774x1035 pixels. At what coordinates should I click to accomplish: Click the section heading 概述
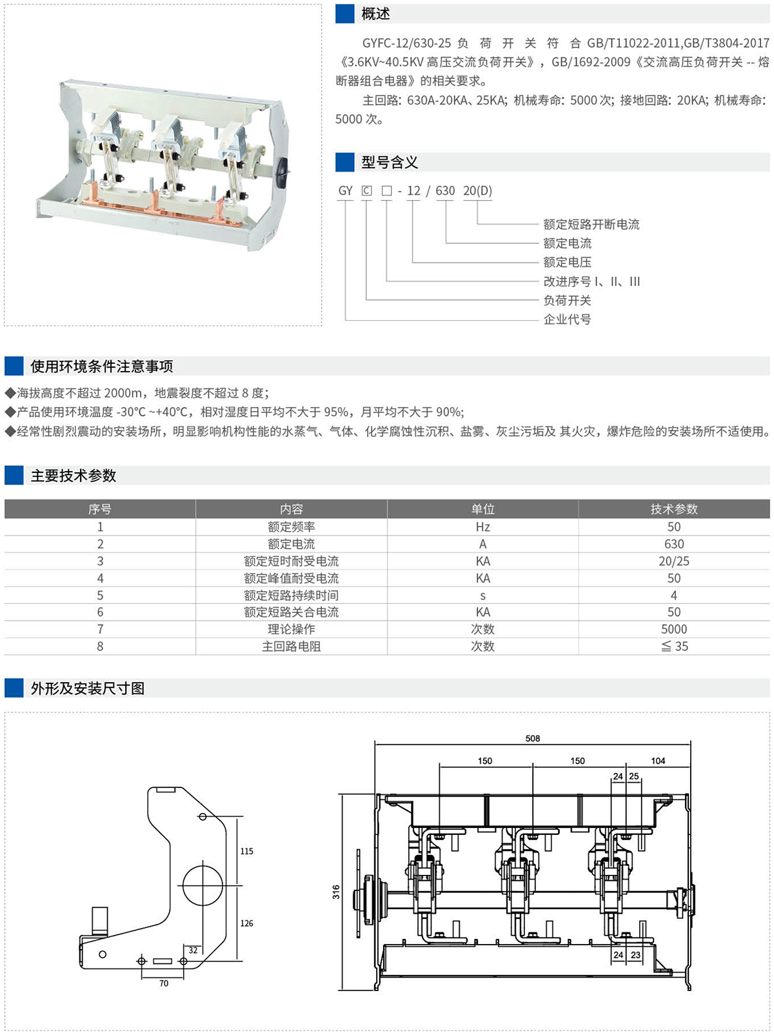click(375, 14)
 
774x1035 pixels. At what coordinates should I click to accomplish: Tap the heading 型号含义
click(390, 162)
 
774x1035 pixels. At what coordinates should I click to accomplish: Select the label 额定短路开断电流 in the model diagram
click(591, 224)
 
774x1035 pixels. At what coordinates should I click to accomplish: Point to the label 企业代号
click(567, 319)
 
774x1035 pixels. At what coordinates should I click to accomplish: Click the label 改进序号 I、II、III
click(591, 281)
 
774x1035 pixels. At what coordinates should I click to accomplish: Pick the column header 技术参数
click(673, 509)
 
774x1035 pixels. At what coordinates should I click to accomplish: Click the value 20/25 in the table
click(673, 561)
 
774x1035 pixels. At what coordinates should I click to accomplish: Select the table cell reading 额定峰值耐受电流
click(291, 578)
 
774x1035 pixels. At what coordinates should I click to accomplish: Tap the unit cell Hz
click(482, 527)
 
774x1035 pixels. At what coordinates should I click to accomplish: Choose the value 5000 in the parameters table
click(673, 629)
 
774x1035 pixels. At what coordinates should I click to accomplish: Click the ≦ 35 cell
click(674, 646)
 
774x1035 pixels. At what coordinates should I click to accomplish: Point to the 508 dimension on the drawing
click(532, 738)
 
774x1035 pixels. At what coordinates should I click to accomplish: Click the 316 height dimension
click(336, 892)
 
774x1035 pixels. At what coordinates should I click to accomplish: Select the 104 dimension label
click(657, 761)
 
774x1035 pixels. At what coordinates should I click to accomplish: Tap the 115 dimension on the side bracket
click(246, 851)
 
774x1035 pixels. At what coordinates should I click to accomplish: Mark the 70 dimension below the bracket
click(164, 983)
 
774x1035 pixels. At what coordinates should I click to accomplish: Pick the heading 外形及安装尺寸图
click(88, 688)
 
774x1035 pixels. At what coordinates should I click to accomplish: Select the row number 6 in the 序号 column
click(100, 612)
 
